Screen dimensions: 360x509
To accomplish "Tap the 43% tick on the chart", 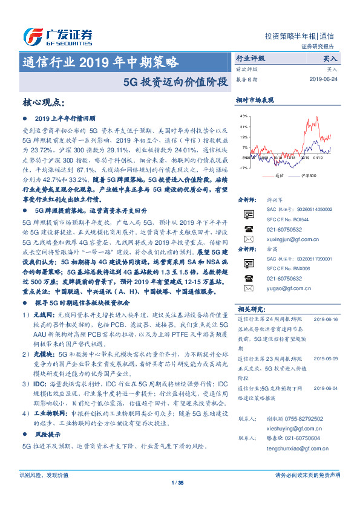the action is point(244,115).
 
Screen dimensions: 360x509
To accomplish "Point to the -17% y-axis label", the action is point(244,167).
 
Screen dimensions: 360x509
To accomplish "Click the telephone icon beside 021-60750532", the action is point(248,229).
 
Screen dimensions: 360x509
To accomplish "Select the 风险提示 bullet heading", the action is point(47,434).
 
